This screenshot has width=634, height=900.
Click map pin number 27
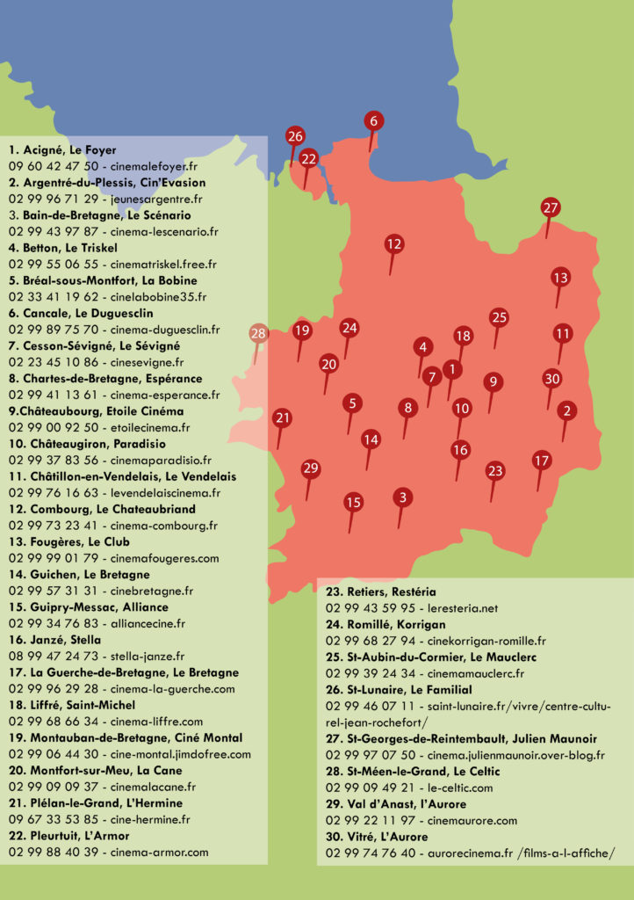coord(551,209)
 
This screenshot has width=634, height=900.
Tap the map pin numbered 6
coord(374,121)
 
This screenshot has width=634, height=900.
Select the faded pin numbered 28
coord(258,334)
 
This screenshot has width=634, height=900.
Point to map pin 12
coord(393,244)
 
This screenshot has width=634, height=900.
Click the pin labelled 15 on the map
coord(353,503)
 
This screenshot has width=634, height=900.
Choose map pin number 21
coord(282,418)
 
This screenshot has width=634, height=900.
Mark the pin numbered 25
coord(499,317)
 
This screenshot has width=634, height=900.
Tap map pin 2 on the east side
coord(567,410)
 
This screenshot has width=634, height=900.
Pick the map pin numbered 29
coord(310,468)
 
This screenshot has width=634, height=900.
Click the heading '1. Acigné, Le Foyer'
coord(62,150)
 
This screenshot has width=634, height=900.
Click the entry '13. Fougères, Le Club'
coord(69,542)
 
